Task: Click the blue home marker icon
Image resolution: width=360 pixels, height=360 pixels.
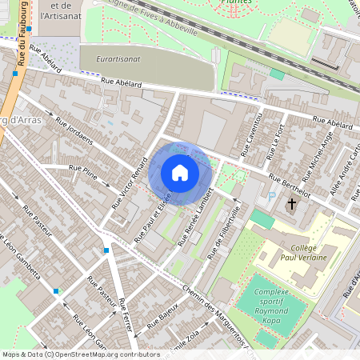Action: point(180,173)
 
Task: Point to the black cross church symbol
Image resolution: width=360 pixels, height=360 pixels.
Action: point(291,205)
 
